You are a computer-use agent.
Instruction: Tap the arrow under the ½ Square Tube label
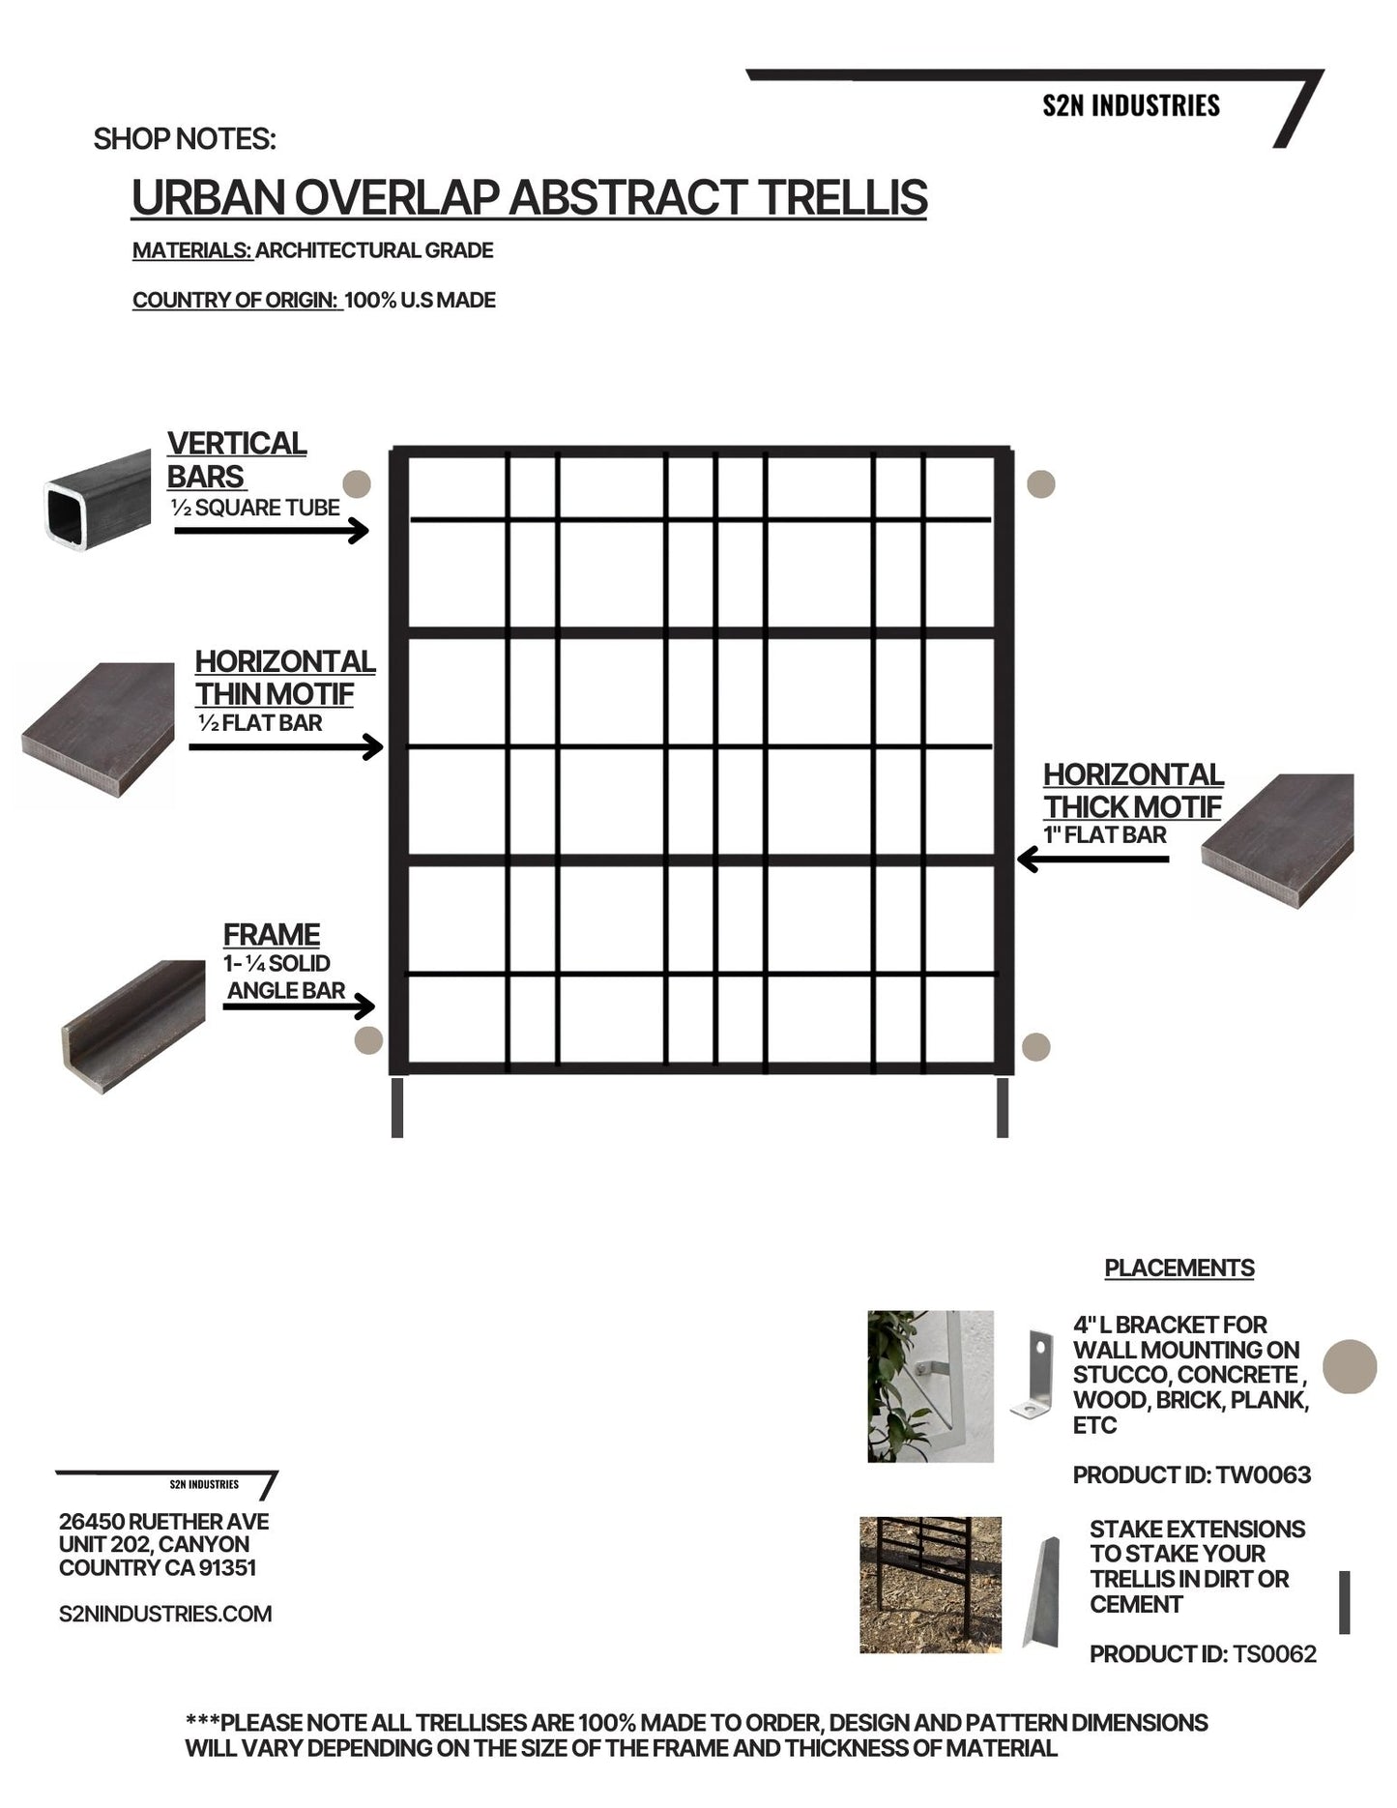[272, 531]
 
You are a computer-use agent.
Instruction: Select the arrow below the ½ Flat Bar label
[286, 747]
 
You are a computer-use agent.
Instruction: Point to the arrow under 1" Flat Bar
[1092, 859]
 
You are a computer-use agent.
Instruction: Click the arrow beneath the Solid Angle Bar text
[299, 1006]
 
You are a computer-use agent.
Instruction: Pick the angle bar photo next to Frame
[133, 1026]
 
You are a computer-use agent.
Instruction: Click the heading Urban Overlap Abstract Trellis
[529, 198]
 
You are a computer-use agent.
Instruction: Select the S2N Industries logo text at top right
[1131, 105]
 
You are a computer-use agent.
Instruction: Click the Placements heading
[1179, 1269]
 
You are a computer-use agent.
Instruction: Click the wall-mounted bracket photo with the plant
[930, 1385]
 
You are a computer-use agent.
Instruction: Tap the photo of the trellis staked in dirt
[930, 1585]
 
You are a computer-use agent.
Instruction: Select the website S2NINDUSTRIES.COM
[165, 1614]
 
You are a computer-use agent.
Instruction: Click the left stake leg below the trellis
[397, 1108]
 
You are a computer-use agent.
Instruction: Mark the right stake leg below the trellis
[1003, 1108]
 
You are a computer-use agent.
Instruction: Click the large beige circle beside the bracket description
[1349, 1366]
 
